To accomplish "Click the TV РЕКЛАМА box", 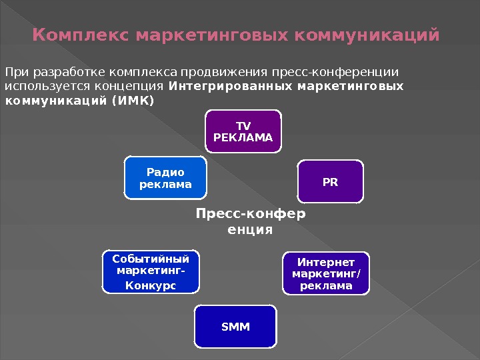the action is click(243, 132).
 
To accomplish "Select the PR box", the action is click(330, 181).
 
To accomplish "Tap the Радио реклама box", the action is click(165, 178).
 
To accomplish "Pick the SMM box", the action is click(235, 327).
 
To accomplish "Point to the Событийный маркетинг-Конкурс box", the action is click(151, 272).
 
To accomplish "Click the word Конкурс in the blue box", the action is click(151, 285).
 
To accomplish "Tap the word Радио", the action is click(165, 172).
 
